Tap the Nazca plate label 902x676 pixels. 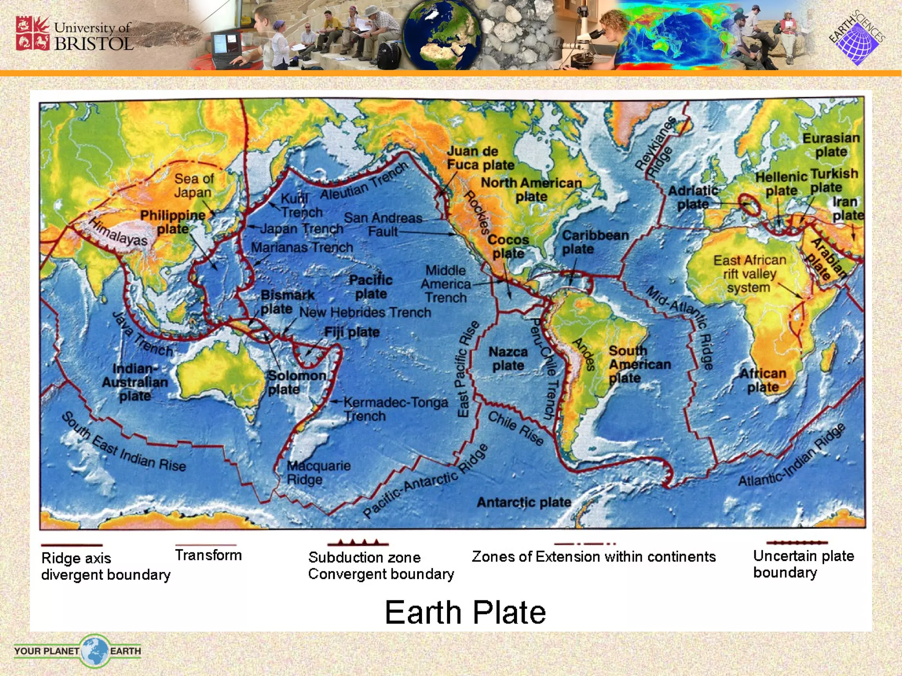(508, 359)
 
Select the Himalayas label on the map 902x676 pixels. (118, 231)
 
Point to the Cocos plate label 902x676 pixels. (508, 246)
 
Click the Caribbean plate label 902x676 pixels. (595, 242)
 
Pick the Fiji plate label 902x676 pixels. (351, 332)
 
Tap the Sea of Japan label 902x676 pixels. (194, 185)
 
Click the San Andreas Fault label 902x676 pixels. (383, 224)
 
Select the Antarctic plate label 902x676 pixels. (524, 502)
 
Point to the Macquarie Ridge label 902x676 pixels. (318, 472)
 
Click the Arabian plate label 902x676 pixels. (828, 259)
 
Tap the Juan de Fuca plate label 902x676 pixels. (480, 158)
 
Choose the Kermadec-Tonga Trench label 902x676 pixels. (395, 409)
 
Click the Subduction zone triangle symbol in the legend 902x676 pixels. (358, 543)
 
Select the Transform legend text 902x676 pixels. (208, 555)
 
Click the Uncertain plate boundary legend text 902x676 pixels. (803, 564)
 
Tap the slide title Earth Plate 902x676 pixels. (465, 612)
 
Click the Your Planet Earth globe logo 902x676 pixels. (94, 651)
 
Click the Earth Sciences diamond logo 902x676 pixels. (857, 39)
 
